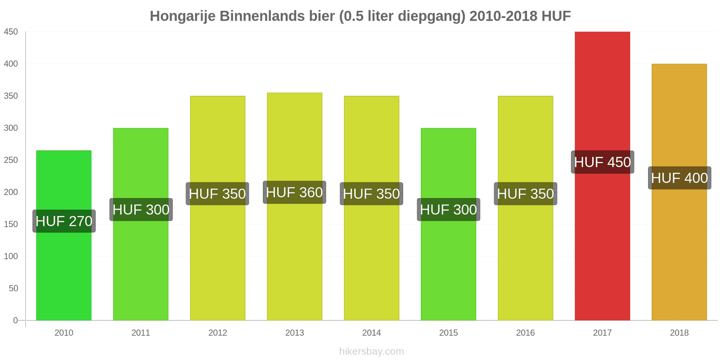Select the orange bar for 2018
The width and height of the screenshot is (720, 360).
[x=679, y=252]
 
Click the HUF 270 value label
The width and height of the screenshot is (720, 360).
[x=64, y=221]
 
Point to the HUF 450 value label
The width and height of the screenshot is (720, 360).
[x=602, y=162]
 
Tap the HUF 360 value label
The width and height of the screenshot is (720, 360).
[x=294, y=192]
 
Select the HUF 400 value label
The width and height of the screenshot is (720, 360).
[x=679, y=178]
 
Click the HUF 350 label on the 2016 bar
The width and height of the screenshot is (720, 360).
[x=525, y=193]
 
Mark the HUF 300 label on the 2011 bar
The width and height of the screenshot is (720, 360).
[x=141, y=209]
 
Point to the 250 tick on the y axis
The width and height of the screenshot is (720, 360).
[x=11, y=160]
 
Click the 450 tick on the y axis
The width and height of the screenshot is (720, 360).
[x=11, y=32]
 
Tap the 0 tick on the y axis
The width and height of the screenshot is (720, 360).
[x=15, y=320]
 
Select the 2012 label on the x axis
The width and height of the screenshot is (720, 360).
[x=217, y=333]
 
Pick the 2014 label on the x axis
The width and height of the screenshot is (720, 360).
[x=371, y=333]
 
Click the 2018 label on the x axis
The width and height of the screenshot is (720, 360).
[x=679, y=333]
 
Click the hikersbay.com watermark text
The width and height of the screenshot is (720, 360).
[x=371, y=351]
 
